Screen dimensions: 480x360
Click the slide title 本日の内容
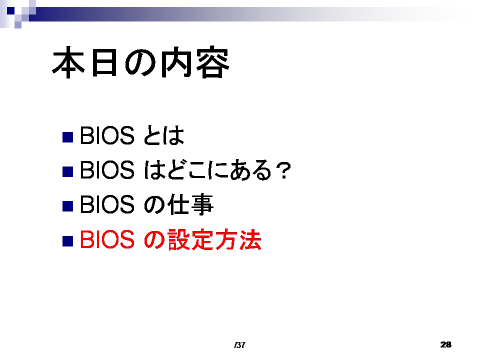coord(141,62)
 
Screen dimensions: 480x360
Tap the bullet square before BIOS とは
coord(67,137)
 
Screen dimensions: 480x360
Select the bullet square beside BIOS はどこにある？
coord(67,171)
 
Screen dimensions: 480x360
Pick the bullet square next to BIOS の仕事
coord(67,206)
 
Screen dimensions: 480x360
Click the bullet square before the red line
coord(67,241)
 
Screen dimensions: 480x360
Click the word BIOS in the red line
coord(107,239)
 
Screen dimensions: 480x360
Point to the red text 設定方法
coord(214,239)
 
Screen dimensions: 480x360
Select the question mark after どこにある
coord(283,170)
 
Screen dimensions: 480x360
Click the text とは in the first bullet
coord(164,135)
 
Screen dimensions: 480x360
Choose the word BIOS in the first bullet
coord(107,135)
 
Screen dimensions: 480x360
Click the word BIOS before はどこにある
coord(107,170)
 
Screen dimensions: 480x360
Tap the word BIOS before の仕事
coord(107,204)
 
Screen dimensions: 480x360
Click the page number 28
coord(445,344)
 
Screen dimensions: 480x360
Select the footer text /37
coord(239,345)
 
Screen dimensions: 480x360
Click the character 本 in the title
coord(68,62)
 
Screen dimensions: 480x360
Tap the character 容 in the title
coord(212,62)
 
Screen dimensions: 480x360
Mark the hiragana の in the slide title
coord(140,63)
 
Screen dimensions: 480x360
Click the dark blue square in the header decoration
coord(10,10)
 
